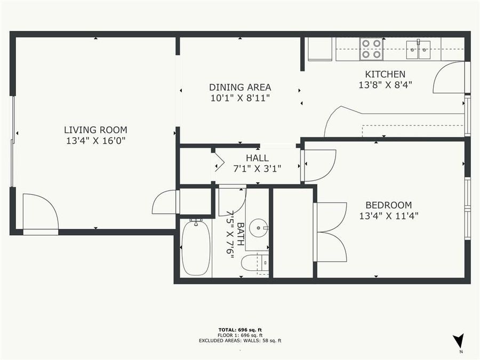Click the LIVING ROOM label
[95, 130]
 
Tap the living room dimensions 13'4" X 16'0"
[95, 141]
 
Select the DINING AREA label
[240, 87]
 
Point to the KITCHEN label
[385, 74]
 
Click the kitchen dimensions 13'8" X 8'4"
[385, 84]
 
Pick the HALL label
[257, 158]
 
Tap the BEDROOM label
[388, 205]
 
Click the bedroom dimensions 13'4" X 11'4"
[388, 216]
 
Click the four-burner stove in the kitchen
[371, 49]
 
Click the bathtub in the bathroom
[195, 248]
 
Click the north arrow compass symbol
[458, 341]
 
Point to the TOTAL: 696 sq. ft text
[240, 330]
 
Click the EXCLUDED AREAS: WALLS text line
[240, 340]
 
